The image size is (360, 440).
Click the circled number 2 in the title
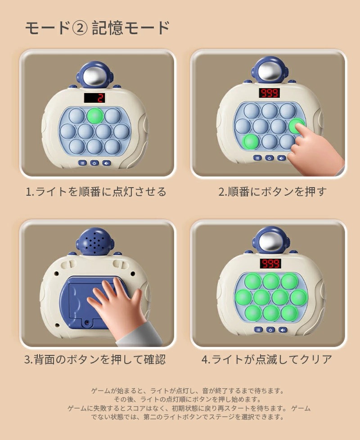point(80,28)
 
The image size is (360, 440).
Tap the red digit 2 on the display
point(100,98)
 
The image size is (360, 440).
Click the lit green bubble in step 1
point(94,116)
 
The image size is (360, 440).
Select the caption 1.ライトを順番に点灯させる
point(96,192)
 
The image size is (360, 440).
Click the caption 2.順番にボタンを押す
point(272,192)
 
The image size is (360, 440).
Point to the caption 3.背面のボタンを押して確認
point(95,359)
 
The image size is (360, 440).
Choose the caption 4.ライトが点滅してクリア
point(266,359)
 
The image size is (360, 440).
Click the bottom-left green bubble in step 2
point(251,142)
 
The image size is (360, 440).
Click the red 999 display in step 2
point(270,93)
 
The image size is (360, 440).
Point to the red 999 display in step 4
point(270,264)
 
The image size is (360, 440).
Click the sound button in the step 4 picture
point(283,330)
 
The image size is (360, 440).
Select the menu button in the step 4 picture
point(258,330)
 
